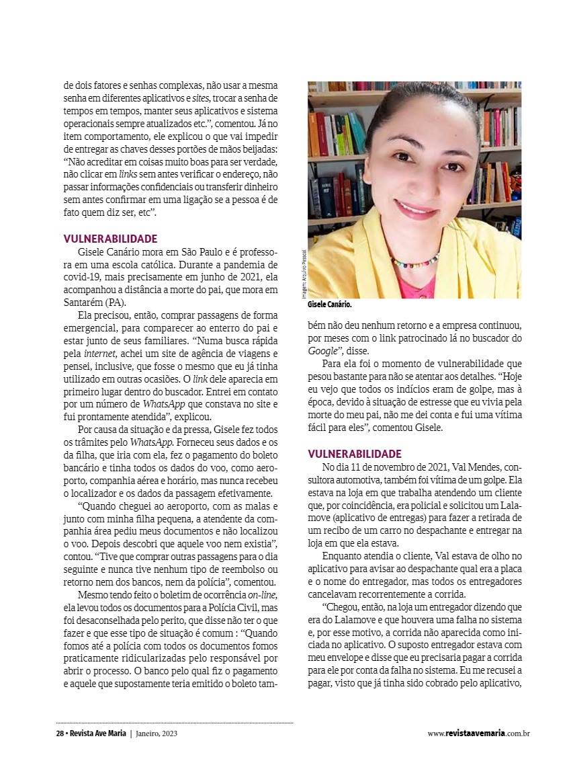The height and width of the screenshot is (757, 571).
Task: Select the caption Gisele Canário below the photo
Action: (x=330, y=305)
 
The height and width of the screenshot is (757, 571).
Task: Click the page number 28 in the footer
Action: (x=59, y=733)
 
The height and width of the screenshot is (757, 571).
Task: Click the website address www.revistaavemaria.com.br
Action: (x=478, y=733)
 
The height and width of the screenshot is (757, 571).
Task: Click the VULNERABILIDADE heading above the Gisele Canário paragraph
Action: (x=110, y=238)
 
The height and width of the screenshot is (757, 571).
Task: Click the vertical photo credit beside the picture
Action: (x=303, y=274)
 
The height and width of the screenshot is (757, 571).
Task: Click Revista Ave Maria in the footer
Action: (x=96, y=733)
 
